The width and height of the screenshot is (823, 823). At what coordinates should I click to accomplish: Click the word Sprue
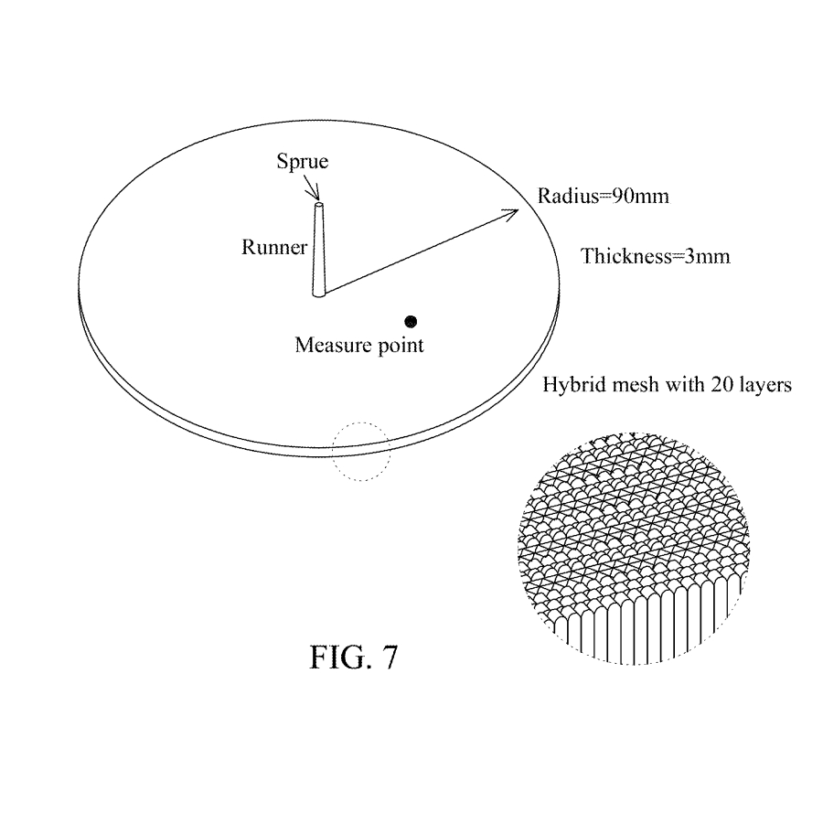pos(303,162)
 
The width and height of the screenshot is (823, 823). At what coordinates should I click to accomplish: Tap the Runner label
pos(274,247)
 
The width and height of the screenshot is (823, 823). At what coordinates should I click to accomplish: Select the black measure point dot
pos(411,321)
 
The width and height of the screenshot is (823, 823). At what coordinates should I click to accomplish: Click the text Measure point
pos(359,346)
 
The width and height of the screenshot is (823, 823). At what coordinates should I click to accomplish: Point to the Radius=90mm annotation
pos(604,197)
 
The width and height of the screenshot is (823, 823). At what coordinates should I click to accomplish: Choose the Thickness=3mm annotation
pos(656,256)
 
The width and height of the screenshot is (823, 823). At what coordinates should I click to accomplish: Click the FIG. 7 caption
pos(354,657)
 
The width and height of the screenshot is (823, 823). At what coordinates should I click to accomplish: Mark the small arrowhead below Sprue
pos(315,192)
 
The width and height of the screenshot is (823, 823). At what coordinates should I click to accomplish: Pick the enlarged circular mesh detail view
pos(634,549)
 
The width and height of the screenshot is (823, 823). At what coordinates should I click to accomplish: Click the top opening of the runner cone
pos(318,205)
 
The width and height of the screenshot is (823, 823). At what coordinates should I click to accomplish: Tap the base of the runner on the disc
pos(318,294)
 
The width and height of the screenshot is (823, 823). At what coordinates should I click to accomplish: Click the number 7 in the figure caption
pos(390,657)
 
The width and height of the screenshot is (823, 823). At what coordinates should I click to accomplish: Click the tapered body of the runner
pos(318,250)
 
